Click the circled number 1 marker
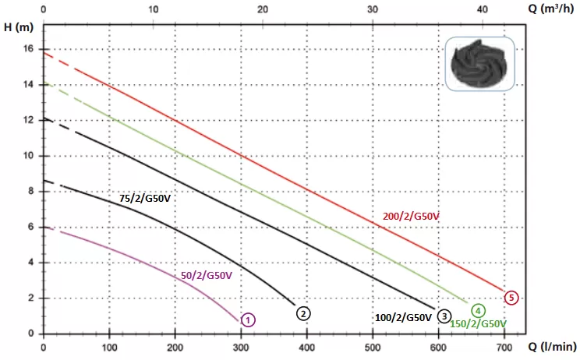(x=247, y=319)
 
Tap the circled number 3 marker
(x=444, y=316)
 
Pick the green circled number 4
(x=477, y=310)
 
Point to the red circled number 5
(x=511, y=297)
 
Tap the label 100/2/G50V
(x=403, y=318)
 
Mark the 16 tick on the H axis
(x=29, y=48)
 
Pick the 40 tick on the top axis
(x=483, y=9)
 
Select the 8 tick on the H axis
(x=31, y=191)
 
